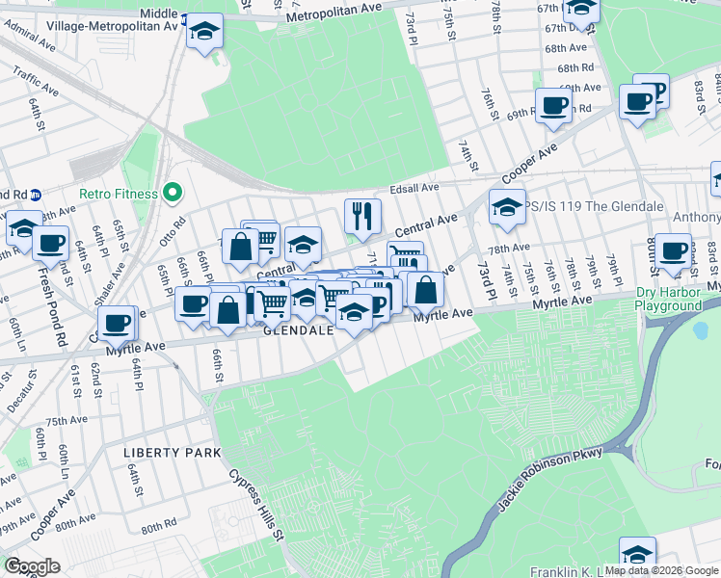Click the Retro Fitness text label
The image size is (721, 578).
click(118, 194)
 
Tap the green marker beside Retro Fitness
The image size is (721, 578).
click(173, 194)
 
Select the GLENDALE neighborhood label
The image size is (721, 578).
click(299, 330)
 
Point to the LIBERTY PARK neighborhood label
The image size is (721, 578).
click(172, 452)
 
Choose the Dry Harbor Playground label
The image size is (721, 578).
click(681, 299)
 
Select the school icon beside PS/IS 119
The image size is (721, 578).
click(506, 206)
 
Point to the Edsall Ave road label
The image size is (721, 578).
click(414, 188)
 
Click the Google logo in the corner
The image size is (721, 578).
click(32, 565)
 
